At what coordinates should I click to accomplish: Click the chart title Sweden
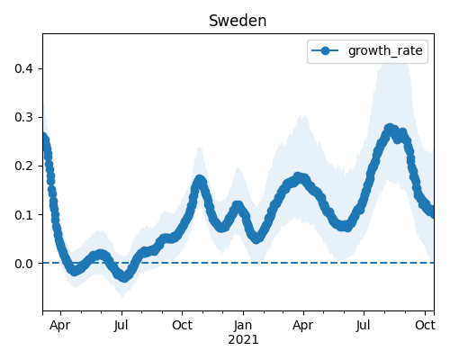(x=238, y=21)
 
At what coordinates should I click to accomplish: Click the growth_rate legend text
(x=385, y=50)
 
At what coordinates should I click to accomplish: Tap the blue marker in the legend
(x=325, y=50)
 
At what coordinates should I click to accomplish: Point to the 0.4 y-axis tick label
(x=23, y=68)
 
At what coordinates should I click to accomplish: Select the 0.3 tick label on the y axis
(x=23, y=117)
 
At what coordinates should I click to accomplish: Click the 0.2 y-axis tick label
(x=23, y=166)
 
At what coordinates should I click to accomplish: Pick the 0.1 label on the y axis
(x=23, y=215)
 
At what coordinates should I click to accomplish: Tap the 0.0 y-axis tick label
(x=23, y=264)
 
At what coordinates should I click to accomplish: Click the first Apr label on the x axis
(x=60, y=326)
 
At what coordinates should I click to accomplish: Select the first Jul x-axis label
(x=121, y=326)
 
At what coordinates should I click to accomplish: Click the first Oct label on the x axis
(x=182, y=326)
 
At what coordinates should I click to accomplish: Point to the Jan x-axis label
(x=243, y=326)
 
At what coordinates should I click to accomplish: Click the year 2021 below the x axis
(x=243, y=340)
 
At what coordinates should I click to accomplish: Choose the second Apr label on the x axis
(x=303, y=326)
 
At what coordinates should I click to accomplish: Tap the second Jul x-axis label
(x=364, y=326)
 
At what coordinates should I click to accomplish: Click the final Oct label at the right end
(x=425, y=326)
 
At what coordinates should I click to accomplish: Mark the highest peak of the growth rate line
(x=390, y=129)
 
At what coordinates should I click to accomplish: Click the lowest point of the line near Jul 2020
(x=124, y=277)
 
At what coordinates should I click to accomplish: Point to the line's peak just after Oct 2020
(x=200, y=180)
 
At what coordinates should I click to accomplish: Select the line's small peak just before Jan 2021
(x=238, y=206)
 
